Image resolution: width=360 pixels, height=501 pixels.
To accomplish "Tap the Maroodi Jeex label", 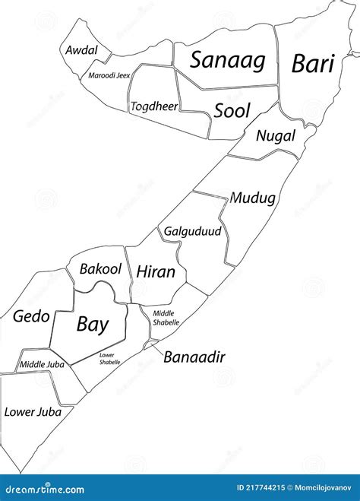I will pyautogui.click(x=109, y=75).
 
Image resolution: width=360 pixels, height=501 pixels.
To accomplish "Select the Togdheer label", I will pyautogui.click(x=153, y=106).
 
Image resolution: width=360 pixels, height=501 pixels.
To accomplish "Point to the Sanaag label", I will pyautogui.click(x=227, y=60).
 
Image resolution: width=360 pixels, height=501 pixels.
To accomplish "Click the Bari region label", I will pyautogui.click(x=313, y=63).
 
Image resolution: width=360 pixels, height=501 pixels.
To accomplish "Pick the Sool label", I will pyautogui.click(x=232, y=111).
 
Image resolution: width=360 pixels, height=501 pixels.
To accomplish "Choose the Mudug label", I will pyautogui.click(x=252, y=198).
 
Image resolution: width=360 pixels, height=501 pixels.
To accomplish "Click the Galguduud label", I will pyautogui.click(x=192, y=230).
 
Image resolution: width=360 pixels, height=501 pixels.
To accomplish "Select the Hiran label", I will pyautogui.click(x=156, y=271).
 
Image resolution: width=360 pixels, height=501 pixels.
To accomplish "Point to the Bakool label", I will pyautogui.click(x=100, y=268).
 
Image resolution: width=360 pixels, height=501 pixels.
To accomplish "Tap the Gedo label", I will pyautogui.click(x=31, y=316).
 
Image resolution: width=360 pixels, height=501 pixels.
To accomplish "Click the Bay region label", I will pyautogui.click(x=92, y=325).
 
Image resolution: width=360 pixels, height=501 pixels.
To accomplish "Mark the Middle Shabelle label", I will pyautogui.click(x=166, y=318).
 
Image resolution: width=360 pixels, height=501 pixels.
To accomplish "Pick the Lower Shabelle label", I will pyautogui.click(x=109, y=359).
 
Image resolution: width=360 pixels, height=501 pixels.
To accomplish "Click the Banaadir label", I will pyautogui.click(x=194, y=357).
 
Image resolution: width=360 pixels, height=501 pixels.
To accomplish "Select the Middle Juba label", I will pyautogui.click(x=42, y=365).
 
